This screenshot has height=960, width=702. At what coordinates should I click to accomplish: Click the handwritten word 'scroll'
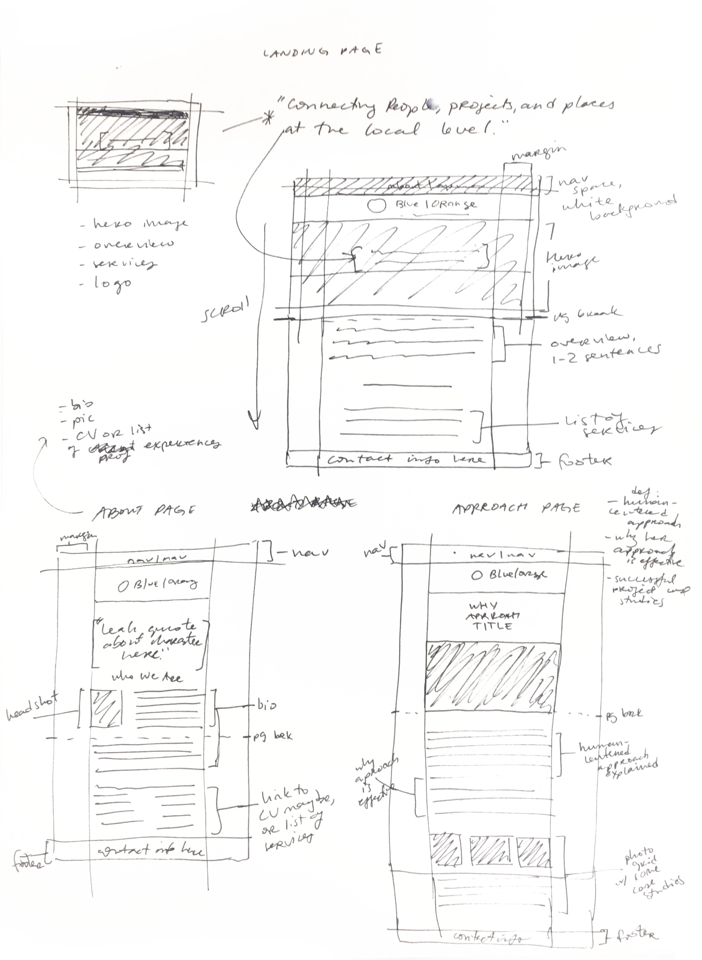224,311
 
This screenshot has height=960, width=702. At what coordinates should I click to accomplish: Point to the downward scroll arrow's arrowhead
254,421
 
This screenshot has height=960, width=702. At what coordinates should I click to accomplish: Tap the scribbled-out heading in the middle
303,504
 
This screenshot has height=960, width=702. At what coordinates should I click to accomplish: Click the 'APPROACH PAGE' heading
516,508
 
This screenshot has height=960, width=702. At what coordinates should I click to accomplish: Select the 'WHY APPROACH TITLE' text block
492,616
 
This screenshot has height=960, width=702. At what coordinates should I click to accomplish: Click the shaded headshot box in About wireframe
106,709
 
